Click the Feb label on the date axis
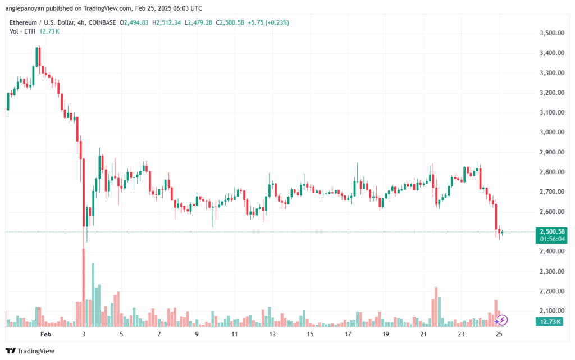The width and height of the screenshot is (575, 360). click(47, 334)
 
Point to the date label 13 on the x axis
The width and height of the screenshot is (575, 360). click(272, 334)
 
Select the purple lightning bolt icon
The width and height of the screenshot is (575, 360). click(503, 320)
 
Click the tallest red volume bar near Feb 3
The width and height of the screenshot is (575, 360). click(84, 286)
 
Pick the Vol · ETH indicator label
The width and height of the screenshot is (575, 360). click(21, 31)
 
